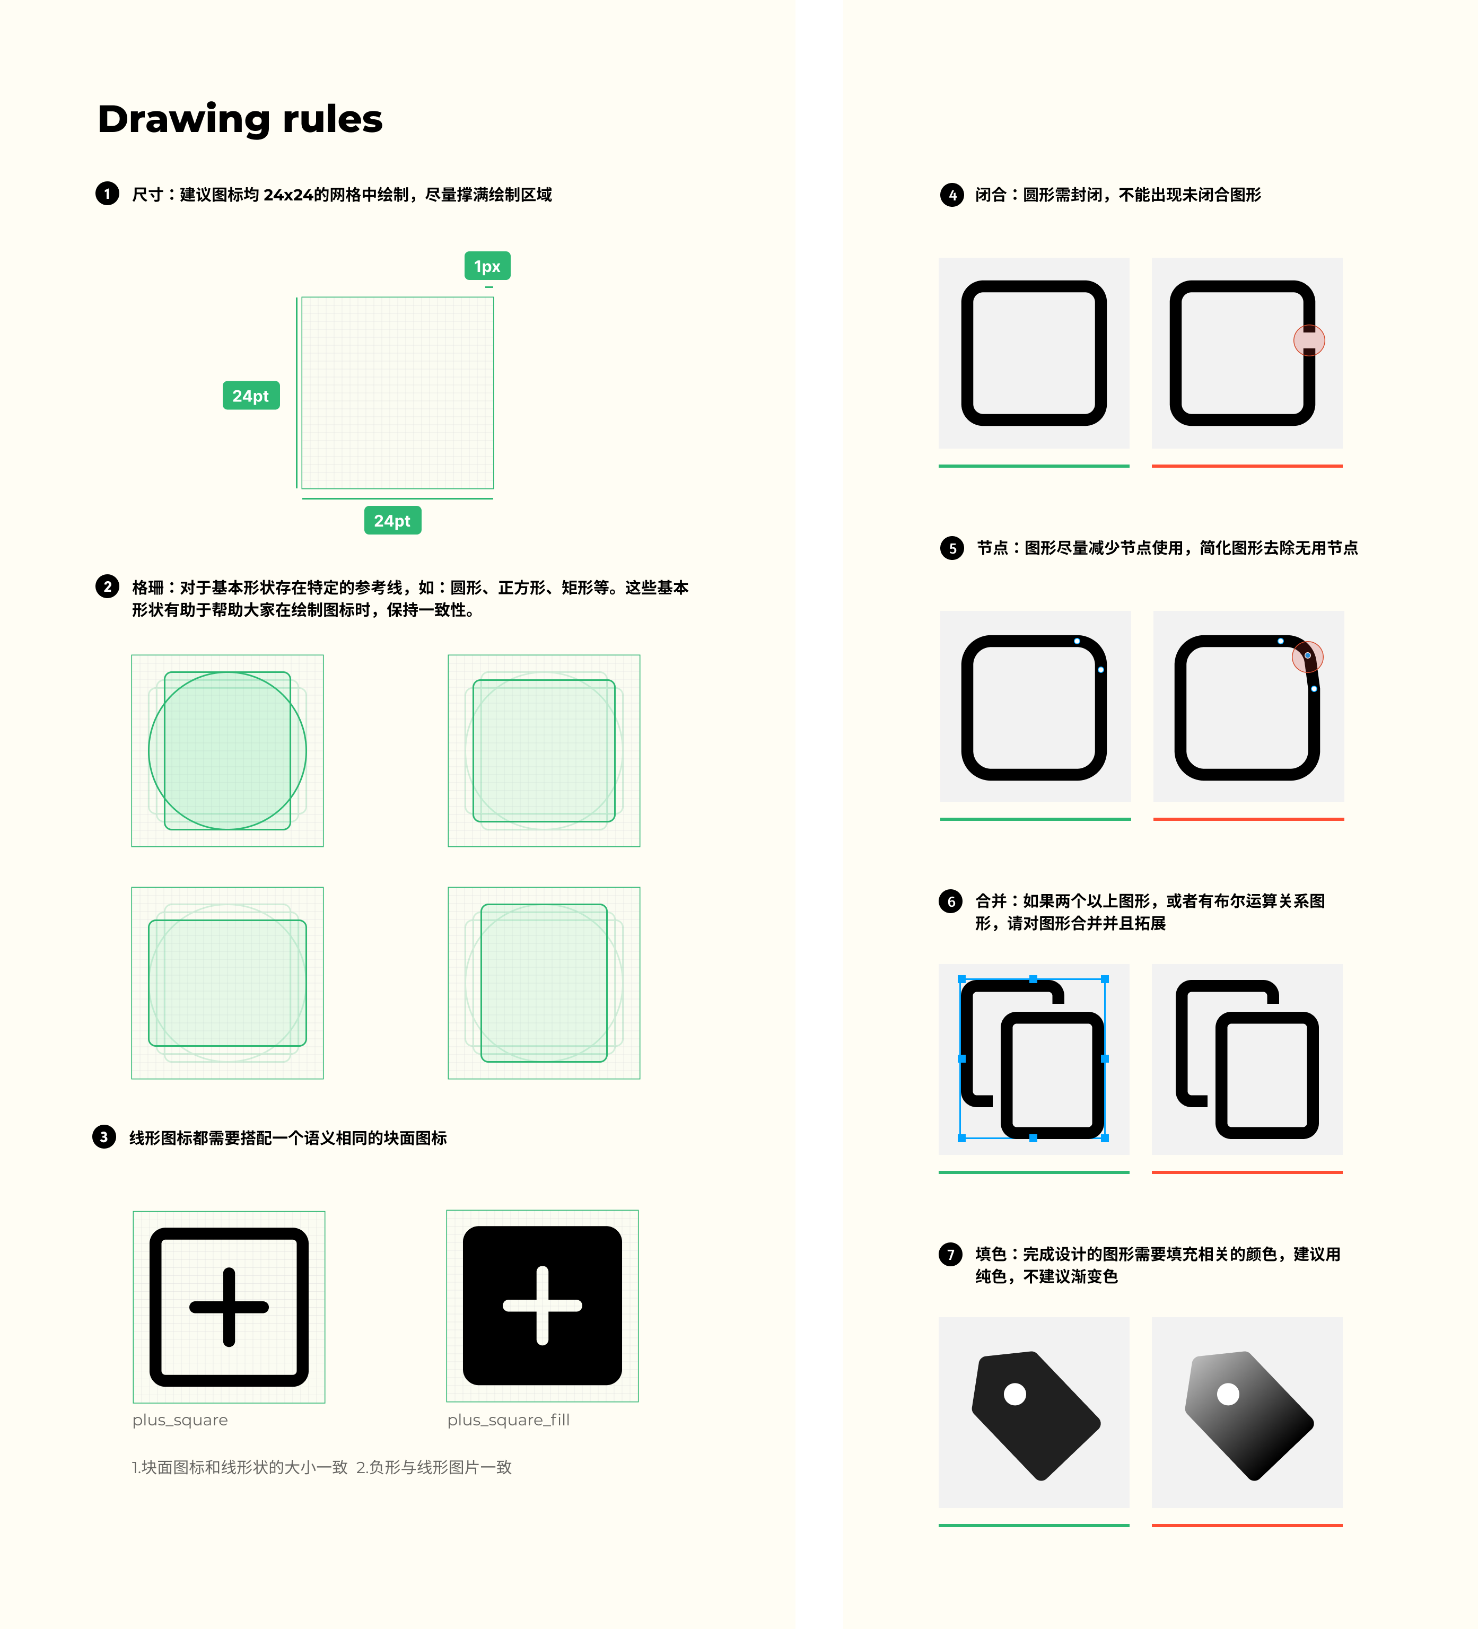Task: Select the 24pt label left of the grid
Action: [x=250, y=396]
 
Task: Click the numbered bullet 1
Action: [x=107, y=194]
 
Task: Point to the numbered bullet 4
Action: [x=952, y=195]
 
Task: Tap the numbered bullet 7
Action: [x=950, y=1254]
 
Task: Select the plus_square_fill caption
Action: [x=508, y=1420]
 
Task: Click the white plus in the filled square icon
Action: [x=542, y=1305]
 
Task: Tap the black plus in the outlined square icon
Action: [x=229, y=1307]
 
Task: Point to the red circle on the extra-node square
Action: [x=1307, y=656]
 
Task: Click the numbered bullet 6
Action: [x=950, y=901]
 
